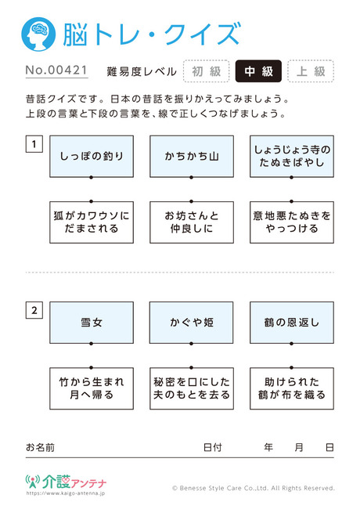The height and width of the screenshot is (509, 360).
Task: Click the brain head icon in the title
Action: coord(38,34)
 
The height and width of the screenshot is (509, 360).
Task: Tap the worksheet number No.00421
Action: coord(56,70)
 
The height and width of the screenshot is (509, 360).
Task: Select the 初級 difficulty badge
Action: coord(207,71)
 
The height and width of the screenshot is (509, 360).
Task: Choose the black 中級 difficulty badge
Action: coord(258,71)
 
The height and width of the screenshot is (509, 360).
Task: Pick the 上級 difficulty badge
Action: coord(311,71)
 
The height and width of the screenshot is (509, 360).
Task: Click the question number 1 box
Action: coord(34,144)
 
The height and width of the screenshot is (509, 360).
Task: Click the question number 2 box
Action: coord(34,310)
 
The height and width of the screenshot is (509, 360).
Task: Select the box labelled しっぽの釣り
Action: coord(92,157)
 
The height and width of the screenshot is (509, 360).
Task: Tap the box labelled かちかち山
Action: coord(192,157)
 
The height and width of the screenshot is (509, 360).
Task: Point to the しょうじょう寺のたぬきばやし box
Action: coord(292,157)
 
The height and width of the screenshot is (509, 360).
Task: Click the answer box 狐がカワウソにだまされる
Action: coord(92,222)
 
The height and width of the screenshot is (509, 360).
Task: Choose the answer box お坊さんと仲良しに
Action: coord(192,222)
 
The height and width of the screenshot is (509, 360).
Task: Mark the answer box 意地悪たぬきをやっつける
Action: coord(292,222)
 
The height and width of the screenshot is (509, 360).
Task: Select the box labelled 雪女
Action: coord(92,323)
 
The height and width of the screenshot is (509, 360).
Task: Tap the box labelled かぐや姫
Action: coord(192,323)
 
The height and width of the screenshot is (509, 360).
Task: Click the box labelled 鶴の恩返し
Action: coord(292,323)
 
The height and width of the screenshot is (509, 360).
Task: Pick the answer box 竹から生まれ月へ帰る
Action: coord(92,388)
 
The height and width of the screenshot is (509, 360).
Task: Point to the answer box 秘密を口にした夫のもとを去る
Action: coord(192,388)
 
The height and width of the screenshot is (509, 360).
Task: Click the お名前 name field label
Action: coord(40,448)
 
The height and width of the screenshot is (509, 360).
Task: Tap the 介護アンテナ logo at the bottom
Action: coord(66,482)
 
